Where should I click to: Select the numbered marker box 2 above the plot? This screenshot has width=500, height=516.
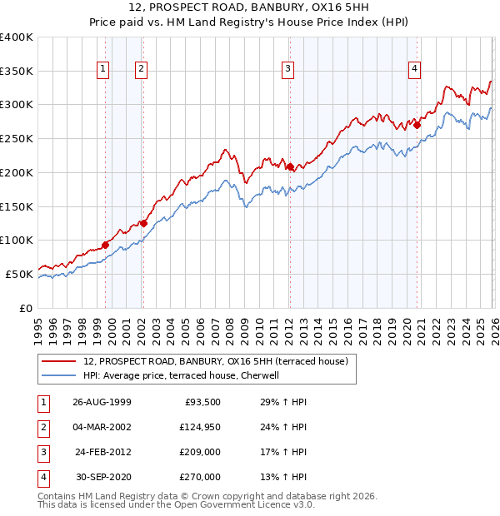(142, 69)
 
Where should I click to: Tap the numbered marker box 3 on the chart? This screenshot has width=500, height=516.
(287, 69)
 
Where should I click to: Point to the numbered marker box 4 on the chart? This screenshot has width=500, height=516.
(414, 69)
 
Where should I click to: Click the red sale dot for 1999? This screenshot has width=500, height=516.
(106, 245)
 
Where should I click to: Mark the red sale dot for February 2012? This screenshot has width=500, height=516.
(290, 166)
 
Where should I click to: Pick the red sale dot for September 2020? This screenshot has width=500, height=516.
(417, 126)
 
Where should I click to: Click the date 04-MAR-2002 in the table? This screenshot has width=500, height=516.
(102, 427)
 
